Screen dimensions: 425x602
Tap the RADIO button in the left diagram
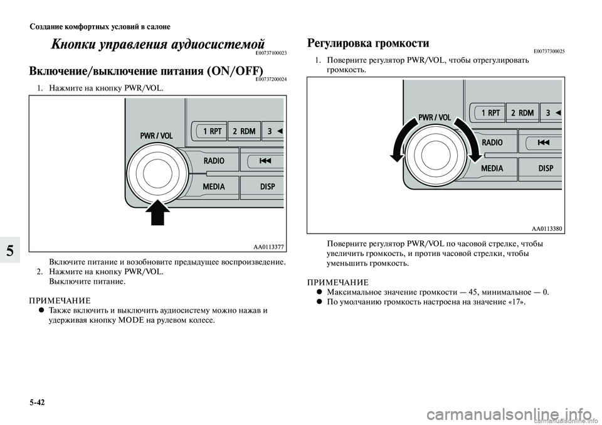tap(214, 161)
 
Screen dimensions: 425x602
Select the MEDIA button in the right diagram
tap(492, 168)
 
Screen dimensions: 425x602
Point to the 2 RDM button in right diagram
tap(522, 113)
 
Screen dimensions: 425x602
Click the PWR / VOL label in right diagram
tap(435, 117)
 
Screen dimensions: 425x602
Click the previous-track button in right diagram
tap(543, 143)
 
